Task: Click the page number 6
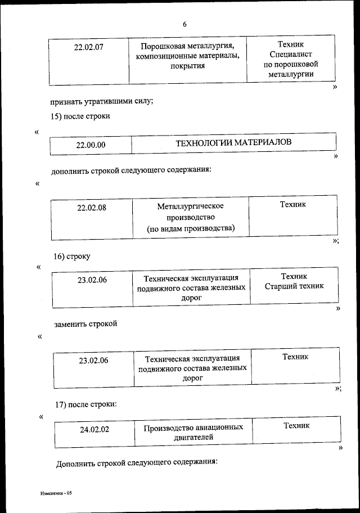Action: point(184,24)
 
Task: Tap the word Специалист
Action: point(291,54)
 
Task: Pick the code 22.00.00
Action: point(91,145)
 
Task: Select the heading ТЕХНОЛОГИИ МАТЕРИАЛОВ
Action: point(234,143)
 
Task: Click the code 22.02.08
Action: point(92,208)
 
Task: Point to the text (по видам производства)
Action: point(191,228)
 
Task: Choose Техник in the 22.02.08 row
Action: point(293,204)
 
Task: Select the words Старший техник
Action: point(294,286)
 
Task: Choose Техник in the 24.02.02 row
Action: point(296,425)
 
